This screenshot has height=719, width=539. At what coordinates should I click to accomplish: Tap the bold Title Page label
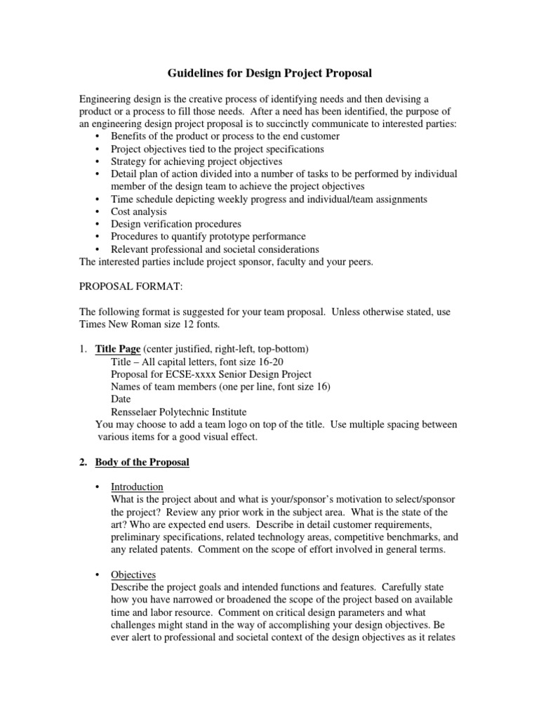tap(118, 349)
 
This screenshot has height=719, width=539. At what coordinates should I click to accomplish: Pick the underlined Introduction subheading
tap(138, 487)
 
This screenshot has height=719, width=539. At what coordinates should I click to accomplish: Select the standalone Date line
tap(121, 400)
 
